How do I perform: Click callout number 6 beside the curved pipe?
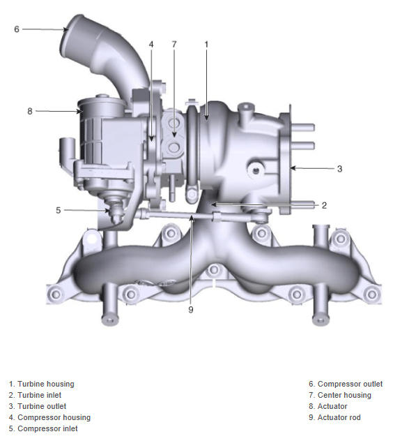pyautogui.click(x=17, y=29)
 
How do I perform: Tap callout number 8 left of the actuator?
pyautogui.click(x=30, y=111)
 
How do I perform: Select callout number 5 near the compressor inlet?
pyautogui.click(x=58, y=210)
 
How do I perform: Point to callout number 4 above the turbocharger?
pyautogui.click(x=151, y=45)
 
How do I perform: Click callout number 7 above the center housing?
pyautogui.click(x=174, y=45)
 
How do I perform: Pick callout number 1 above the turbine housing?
pyautogui.click(x=206, y=45)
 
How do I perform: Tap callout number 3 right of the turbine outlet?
pyautogui.click(x=339, y=169)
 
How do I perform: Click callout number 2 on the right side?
pyautogui.click(x=324, y=205)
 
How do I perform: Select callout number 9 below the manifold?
pyautogui.click(x=191, y=310)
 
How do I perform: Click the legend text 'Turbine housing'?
pyautogui.click(x=46, y=384)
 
